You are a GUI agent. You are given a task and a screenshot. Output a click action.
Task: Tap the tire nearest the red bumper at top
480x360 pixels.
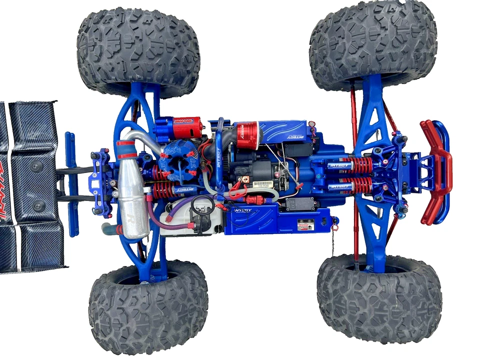372,42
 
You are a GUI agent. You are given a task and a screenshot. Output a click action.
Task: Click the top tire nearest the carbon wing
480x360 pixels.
137,52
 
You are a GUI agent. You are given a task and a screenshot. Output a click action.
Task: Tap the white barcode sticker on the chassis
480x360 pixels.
263,184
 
